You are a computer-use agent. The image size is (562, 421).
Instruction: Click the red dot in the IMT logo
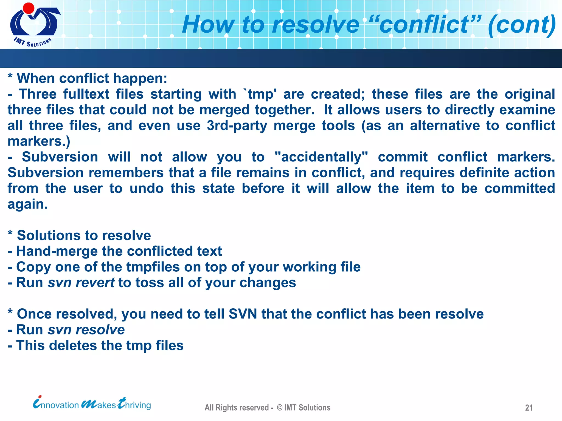[28, 8]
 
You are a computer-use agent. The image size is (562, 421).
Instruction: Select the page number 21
[529, 408]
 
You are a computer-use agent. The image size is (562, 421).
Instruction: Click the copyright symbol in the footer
[280, 408]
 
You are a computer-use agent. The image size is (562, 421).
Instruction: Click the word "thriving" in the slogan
[134, 404]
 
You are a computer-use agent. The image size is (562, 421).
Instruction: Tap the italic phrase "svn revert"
[81, 283]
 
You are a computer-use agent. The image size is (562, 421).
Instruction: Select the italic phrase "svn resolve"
[86, 330]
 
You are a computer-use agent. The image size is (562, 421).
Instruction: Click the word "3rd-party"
[237, 126]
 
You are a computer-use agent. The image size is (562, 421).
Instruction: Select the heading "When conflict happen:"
[92, 79]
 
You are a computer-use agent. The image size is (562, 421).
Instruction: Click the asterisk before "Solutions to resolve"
[10, 234]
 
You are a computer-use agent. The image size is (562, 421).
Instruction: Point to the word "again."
[28, 204]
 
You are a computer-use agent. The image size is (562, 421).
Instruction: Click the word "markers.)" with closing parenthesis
[39, 141]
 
